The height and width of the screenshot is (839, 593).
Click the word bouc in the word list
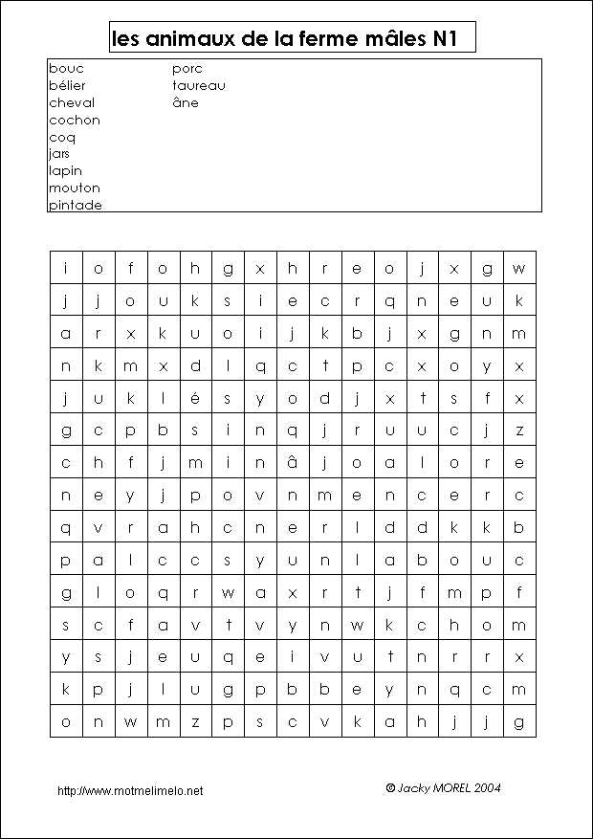[66, 69]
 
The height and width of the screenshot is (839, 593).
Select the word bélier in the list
[67, 86]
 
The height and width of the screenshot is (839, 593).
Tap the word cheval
[72, 103]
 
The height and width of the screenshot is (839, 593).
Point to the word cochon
[74, 121]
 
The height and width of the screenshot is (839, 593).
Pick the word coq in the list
[62, 138]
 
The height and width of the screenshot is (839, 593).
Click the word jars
[59, 154]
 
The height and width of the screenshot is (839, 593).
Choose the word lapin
[65, 171]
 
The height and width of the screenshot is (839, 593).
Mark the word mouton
[74, 188]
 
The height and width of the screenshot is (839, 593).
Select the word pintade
[75, 206]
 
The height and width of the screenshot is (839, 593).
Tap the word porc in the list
[187, 69]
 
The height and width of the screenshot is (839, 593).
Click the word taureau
[199, 86]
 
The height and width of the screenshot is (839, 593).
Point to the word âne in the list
[186, 102]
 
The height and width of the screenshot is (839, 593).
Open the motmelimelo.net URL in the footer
[130, 791]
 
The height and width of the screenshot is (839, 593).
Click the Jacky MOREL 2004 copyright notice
[443, 788]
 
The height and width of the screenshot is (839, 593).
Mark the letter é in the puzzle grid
[195, 398]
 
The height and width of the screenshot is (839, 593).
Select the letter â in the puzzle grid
[293, 462]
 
